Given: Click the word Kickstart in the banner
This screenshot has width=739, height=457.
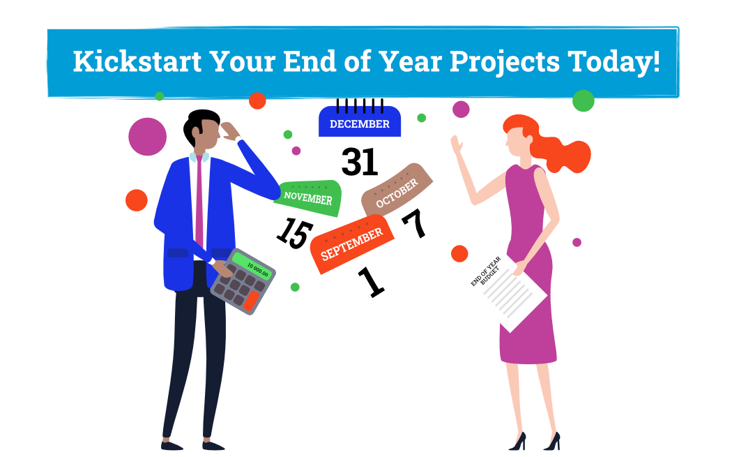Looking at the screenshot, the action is click(137, 61).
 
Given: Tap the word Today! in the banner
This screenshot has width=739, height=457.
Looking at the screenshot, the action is click(614, 62).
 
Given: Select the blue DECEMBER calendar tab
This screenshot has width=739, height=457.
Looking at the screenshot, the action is click(360, 121).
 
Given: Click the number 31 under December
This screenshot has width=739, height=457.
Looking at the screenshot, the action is click(360, 162).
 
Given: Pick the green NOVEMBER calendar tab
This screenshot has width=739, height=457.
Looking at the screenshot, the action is click(309, 197).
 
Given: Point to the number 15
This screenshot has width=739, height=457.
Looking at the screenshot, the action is click(295, 233).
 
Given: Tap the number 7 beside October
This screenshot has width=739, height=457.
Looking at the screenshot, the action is click(415, 223).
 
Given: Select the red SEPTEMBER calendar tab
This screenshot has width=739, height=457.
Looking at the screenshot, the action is click(351, 244).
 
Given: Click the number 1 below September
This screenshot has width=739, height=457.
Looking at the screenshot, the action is click(372, 282).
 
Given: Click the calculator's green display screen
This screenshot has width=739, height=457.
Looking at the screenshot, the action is click(252, 267).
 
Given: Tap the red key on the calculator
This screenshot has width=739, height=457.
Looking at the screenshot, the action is click(250, 301).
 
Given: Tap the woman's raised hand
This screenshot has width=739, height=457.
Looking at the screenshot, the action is click(456, 145).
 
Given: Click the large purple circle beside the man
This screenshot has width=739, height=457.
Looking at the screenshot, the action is click(148, 137).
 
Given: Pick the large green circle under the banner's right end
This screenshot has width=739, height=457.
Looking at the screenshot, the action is click(584, 101).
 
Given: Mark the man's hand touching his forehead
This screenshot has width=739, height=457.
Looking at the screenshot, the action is click(231, 131).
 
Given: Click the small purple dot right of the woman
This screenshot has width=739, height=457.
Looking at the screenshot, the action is click(577, 242).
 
